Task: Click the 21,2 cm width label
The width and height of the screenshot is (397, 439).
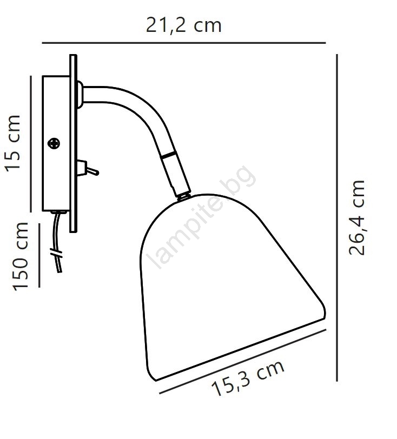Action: (184, 26)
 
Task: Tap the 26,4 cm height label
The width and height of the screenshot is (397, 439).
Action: (356, 217)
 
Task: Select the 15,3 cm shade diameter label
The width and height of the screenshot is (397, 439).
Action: (248, 378)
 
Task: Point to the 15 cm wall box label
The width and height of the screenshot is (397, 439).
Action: (12, 143)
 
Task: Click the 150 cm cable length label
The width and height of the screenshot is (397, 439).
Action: (20, 256)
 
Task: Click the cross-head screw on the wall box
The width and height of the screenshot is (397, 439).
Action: (54, 144)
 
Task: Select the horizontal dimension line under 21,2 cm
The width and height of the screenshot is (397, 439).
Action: (184, 43)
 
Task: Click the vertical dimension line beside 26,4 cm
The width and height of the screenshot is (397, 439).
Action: (337, 217)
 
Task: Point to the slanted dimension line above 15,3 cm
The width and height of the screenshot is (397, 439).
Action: (243, 362)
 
